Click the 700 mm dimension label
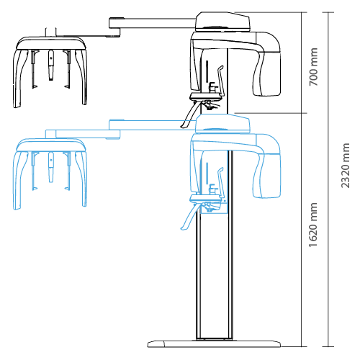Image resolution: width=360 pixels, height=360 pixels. pyautogui.click(x=313, y=67)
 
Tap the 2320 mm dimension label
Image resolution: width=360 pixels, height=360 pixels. pyautogui.click(x=346, y=166)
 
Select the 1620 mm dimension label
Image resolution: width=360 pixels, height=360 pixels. pyautogui.click(x=313, y=225)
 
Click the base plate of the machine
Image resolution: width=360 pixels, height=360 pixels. pyautogui.click(x=214, y=343)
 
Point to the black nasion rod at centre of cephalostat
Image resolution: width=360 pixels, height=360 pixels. pyautogui.click(x=50, y=65)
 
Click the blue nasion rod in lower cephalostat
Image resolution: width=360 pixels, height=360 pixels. pyautogui.click(x=50, y=167)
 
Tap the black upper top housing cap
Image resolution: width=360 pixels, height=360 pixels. pyautogui.click(x=223, y=22)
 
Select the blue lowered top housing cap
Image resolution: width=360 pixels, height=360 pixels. pyautogui.click(x=223, y=124)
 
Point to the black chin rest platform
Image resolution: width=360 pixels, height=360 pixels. pyautogui.click(x=206, y=96)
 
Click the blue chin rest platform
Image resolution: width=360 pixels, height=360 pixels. pyautogui.click(x=206, y=199)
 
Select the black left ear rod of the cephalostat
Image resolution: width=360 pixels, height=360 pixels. pyautogui.click(x=34, y=69)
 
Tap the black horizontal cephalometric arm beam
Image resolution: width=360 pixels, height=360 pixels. pyautogui.click(x=152, y=23)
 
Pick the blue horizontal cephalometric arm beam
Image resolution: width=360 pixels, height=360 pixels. pyautogui.click(x=152, y=125)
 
